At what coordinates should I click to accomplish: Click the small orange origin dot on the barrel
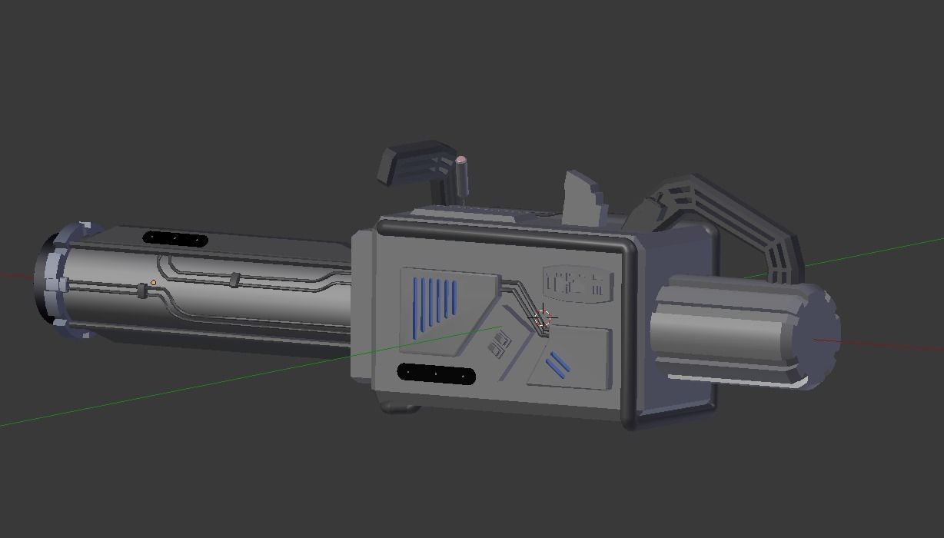click(153, 283)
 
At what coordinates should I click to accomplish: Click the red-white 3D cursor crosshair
click(543, 317)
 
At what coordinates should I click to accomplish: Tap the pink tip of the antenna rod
click(461, 161)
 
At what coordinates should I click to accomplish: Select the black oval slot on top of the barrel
click(175, 239)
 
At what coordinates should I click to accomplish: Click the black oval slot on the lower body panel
click(436, 374)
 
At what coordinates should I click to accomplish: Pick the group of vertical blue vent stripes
click(435, 307)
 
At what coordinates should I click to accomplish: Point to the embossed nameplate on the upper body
click(577, 282)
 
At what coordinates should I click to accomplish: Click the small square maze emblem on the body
click(500, 346)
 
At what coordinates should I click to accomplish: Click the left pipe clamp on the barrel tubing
click(142, 291)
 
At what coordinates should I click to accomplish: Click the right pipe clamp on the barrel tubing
click(235, 280)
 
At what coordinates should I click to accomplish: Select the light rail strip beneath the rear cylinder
click(738, 380)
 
